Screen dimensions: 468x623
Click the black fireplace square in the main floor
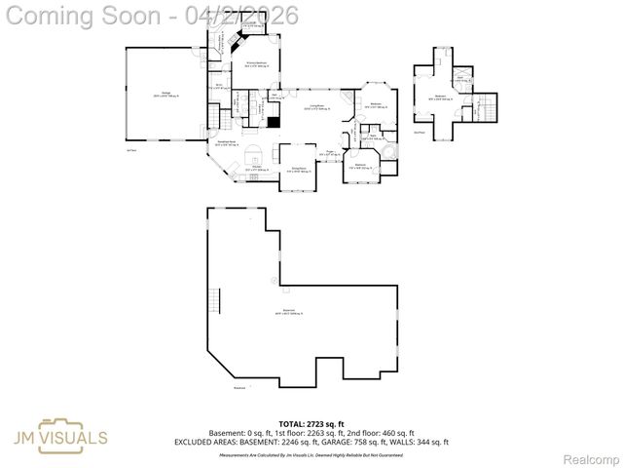point(275,121)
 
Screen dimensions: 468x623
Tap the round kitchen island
point(253,152)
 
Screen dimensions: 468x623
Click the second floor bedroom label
point(441,97)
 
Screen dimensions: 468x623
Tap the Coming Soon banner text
point(151,15)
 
